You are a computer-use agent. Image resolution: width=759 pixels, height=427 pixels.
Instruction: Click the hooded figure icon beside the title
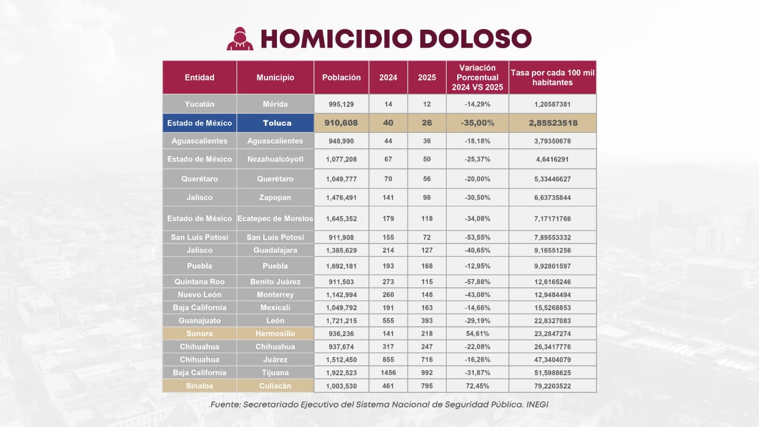pos(240,39)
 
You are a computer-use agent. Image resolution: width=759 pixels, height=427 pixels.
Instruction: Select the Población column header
pos(341,78)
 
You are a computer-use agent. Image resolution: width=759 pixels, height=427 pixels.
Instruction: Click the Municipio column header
pos(275,78)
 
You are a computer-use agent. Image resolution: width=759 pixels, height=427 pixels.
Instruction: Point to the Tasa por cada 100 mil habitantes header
pos(552,78)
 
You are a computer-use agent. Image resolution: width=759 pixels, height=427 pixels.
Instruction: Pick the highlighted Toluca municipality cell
pos(275,123)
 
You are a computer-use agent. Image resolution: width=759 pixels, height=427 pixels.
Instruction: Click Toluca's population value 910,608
pos(341,123)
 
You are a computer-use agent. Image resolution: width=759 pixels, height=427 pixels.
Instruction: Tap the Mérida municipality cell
pos(275,104)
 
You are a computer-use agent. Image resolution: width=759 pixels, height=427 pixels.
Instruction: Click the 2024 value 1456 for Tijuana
pos(388,372)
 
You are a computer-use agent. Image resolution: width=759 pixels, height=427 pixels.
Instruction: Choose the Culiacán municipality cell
pos(275,386)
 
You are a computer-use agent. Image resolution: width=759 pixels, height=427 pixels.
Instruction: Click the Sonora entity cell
pos(199,333)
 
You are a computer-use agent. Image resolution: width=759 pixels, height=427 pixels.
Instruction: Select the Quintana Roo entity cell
pos(199,282)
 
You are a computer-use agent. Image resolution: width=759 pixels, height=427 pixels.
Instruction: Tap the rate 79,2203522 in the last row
pos(552,386)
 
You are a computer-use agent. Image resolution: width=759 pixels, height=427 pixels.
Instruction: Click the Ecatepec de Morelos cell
pos(275,218)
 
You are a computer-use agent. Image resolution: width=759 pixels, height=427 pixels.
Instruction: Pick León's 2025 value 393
pos(426,320)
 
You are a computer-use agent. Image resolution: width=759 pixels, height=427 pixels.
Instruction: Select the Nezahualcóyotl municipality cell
pos(275,159)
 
